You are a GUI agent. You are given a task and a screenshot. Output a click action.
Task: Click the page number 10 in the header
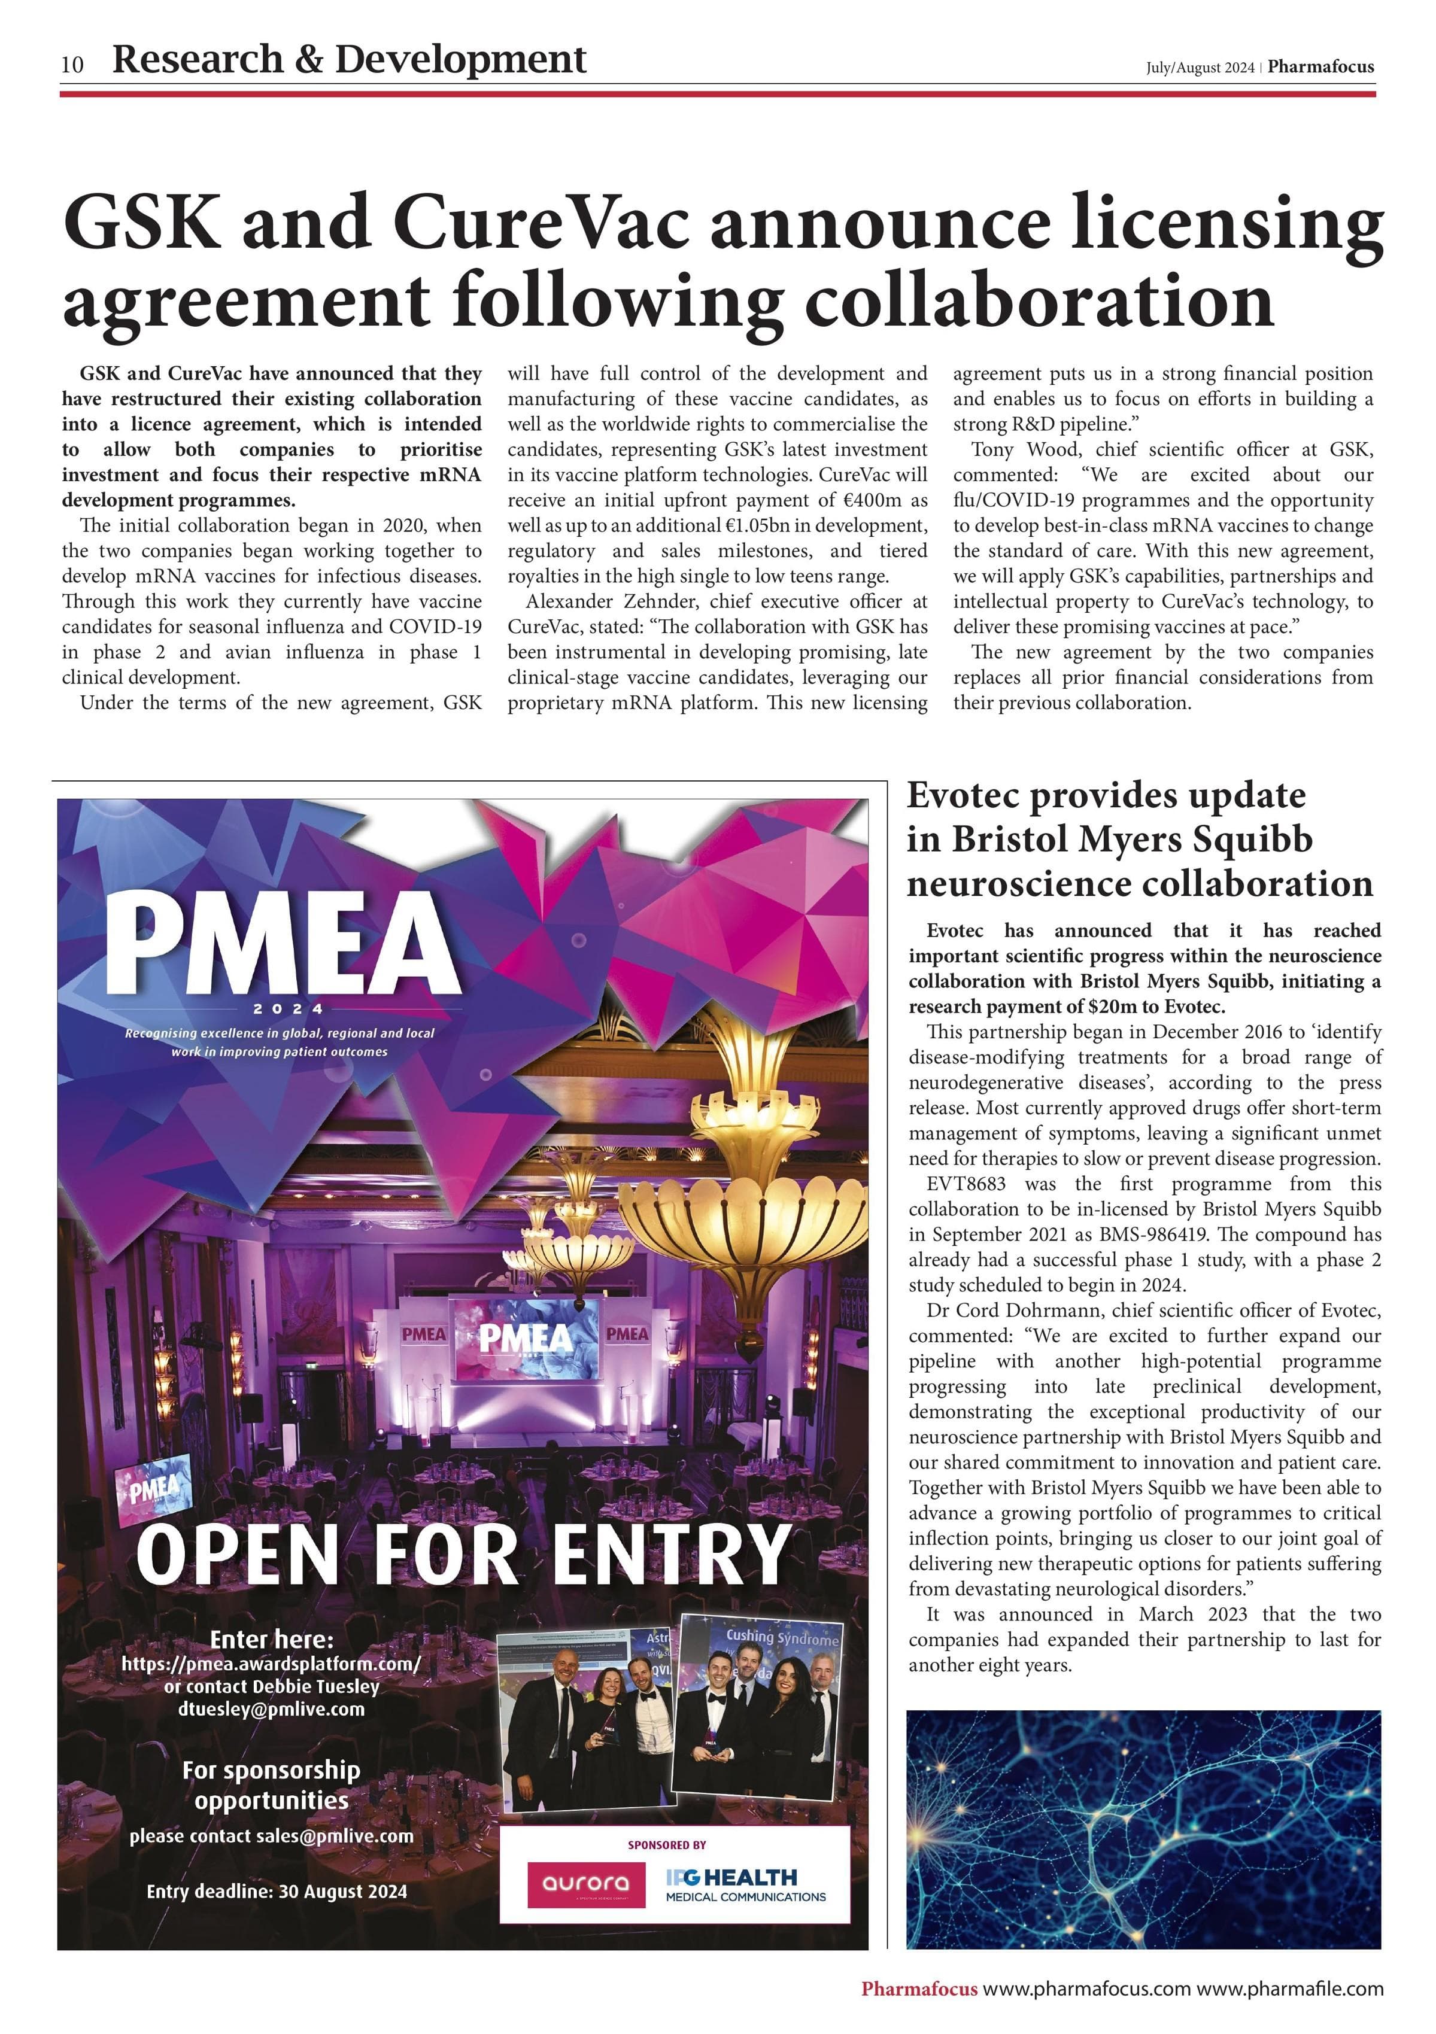tap(72, 65)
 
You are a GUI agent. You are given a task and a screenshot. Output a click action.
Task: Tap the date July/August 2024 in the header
tap(1200, 68)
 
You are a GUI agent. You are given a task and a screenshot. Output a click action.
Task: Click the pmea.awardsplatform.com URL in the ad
tap(271, 1663)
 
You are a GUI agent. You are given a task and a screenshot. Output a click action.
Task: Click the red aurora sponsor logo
tap(585, 1884)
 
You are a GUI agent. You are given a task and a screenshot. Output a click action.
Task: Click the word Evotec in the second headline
tap(960, 795)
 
